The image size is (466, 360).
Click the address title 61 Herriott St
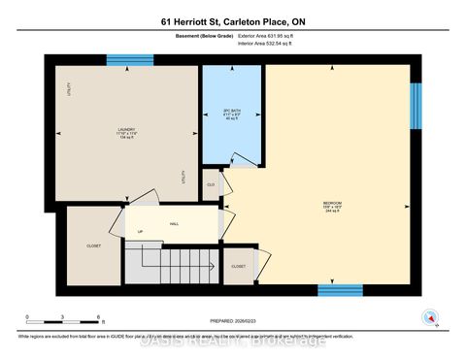coord(232,22)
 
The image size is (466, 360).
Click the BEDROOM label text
coord(332,206)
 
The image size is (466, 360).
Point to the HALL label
coord(174,224)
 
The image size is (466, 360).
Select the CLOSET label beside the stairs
coord(238,265)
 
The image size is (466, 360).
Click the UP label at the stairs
coord(140,233)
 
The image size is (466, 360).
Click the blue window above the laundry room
coord(130,61)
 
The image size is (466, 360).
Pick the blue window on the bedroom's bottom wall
coord(341,289)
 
